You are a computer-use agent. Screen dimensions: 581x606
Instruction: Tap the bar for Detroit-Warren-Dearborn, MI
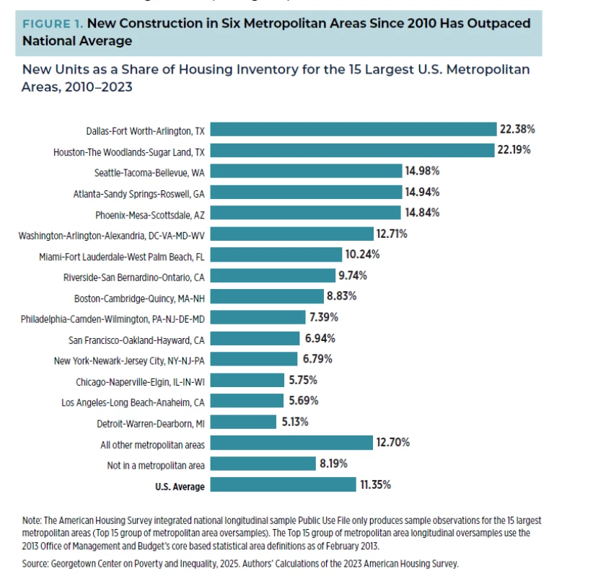[x=244, y=422]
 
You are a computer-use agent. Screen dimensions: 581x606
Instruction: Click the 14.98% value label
[x=423, y=171]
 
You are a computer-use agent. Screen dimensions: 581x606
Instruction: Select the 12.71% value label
[x=392, y=234]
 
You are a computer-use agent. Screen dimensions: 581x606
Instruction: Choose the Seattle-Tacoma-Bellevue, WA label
[x=149, y=173]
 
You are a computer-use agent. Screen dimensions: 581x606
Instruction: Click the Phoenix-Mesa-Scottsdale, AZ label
[x=150, y=215]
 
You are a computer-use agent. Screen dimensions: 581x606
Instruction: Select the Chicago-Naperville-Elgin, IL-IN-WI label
[x=140, y=382]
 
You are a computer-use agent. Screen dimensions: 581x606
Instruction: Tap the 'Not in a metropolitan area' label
[x=156, y=466]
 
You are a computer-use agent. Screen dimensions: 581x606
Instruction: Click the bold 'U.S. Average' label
[x=180, y=487]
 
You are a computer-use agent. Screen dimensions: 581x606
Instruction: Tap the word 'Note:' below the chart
[x=32, y=520]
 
